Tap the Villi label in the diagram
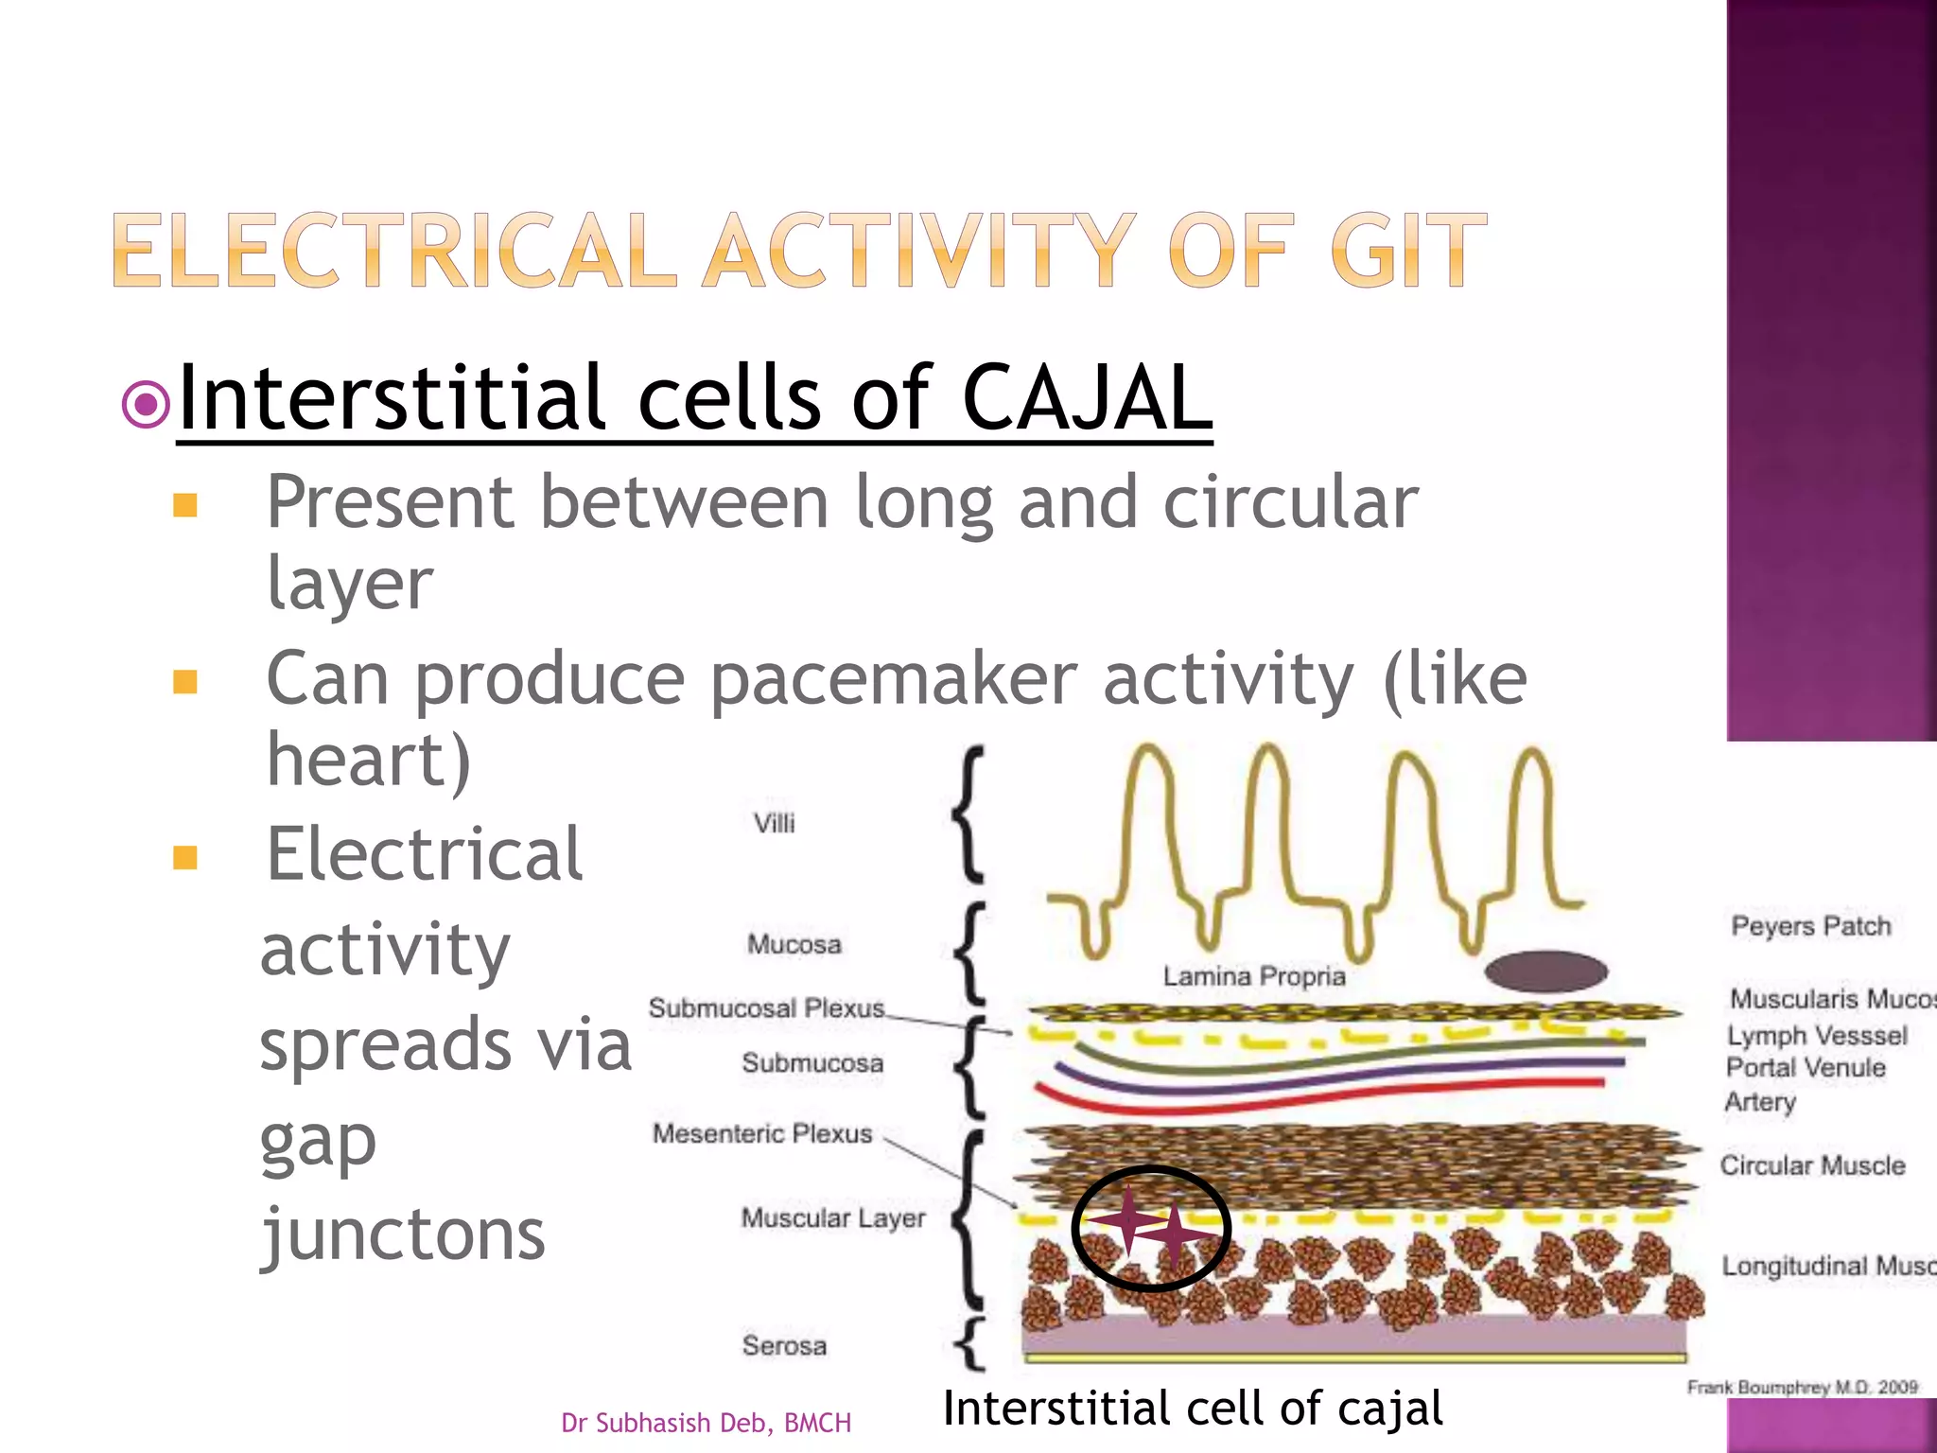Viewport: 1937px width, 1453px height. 774,823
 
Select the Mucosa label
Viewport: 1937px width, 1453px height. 794,944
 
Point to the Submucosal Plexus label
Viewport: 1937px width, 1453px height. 766,1008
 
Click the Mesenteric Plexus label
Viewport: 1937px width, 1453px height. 762,1133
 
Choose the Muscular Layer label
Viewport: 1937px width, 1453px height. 832,1217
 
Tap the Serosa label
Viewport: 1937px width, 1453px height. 784,1345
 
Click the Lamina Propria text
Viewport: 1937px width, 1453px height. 1254,976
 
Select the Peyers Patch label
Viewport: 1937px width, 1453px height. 1810,926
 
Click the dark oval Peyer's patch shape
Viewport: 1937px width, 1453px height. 1545,972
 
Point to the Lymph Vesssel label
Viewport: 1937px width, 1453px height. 1817,1036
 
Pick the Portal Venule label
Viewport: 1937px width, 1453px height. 1806,1068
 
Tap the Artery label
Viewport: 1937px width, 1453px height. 1759,1102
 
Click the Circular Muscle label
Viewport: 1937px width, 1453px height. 1812,1165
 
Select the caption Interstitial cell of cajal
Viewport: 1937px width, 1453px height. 1193,1409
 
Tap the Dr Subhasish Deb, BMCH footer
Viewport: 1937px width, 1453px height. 706,1423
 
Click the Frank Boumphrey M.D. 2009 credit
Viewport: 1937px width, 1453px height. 1802,1388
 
